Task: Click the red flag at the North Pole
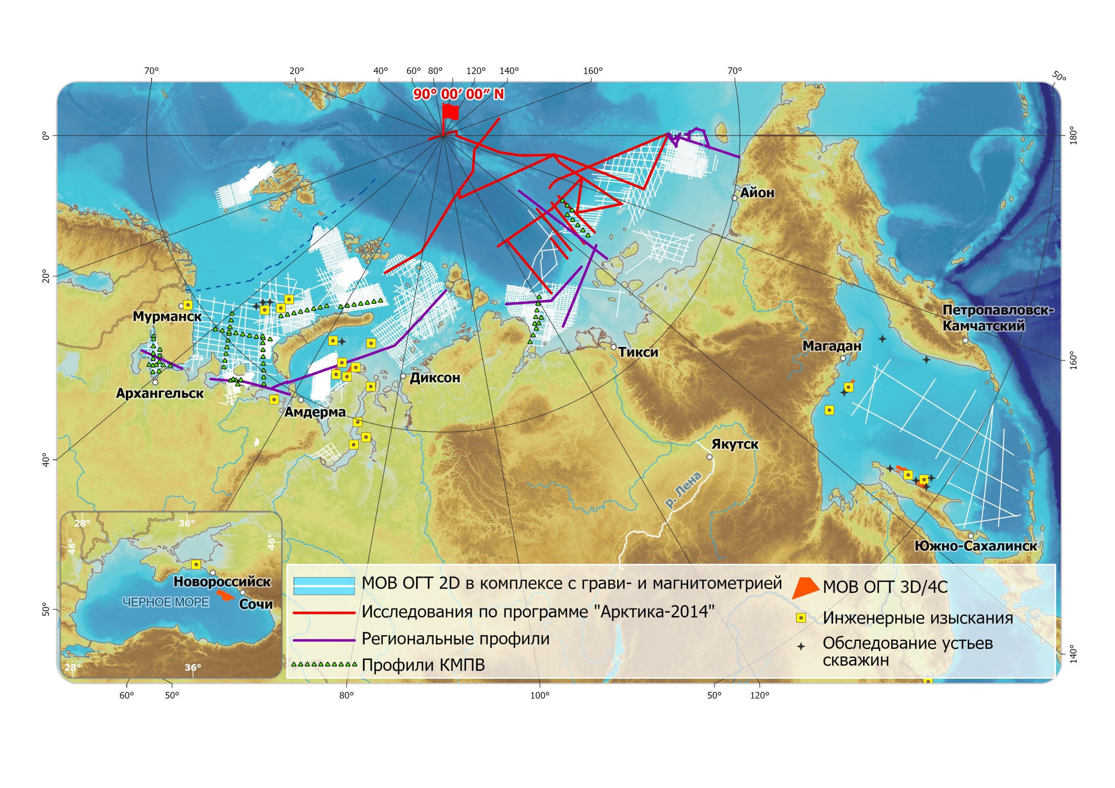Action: [x=451, y=112]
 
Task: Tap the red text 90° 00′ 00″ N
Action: [x=459, y=94]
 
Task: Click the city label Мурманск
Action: [x=167, y=317]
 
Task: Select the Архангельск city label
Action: [x=159, y=393]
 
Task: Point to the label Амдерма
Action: [x=315, y=412]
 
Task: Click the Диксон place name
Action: [x=435, y=378]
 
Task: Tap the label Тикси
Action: [x=638, y=352]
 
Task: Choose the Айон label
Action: [x=757, y=193]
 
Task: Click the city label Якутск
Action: [x=734, y=444]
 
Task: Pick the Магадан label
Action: [x=831, y=346]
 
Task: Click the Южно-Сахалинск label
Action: [x=975, y=546]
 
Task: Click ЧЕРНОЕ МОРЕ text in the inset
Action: [x=166, y=602]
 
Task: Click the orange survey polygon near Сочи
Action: [x=225, y=595]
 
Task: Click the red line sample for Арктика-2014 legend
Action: [x=324, y=613]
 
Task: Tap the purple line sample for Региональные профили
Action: [x=324, y=640]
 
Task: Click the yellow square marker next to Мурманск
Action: [x=187, y=305]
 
